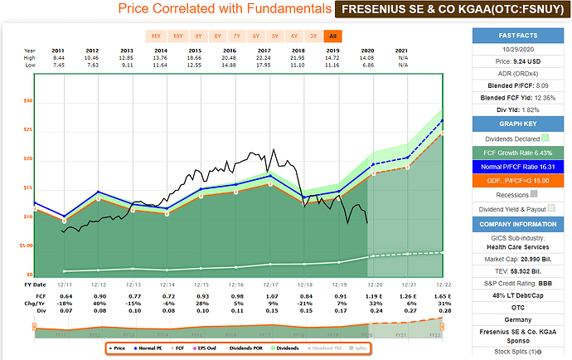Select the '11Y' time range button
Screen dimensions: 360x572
click(156, 36)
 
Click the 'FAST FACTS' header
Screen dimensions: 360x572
click(518, 35)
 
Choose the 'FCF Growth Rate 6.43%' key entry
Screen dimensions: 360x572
click(518, 152)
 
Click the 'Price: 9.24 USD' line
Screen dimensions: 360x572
click(518, 61)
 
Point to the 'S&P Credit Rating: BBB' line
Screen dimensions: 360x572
click(518, 287)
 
